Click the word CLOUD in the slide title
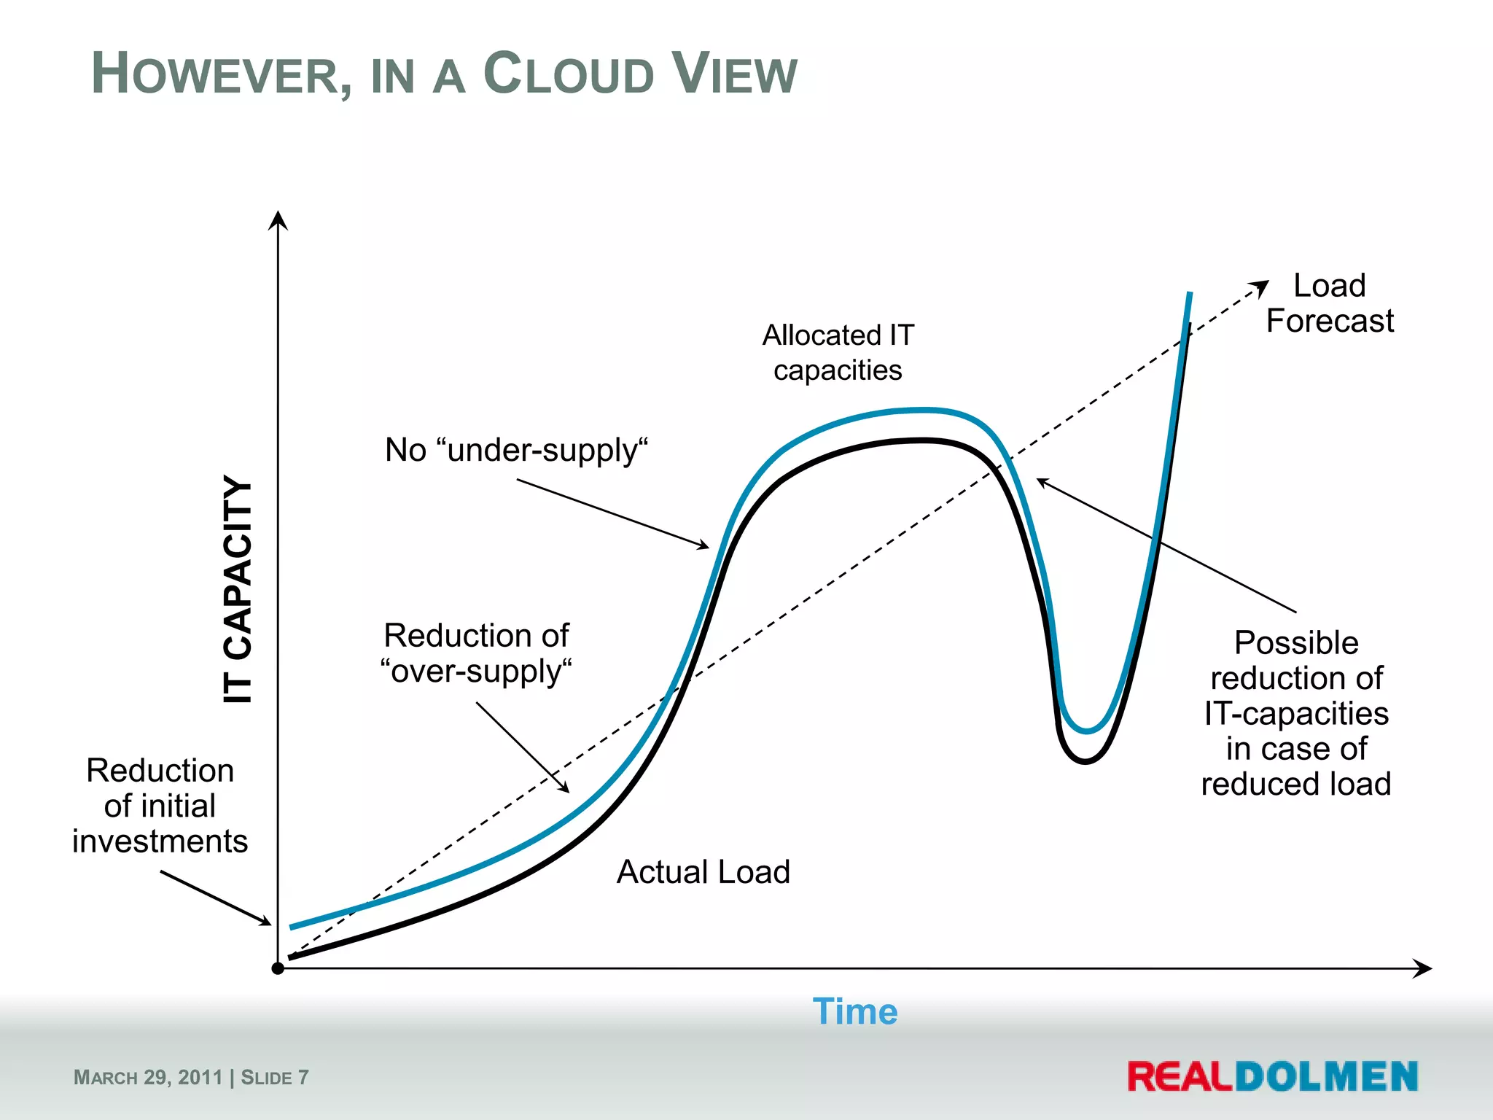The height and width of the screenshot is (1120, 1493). [569, 74]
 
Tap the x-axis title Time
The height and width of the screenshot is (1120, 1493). [854, 1012]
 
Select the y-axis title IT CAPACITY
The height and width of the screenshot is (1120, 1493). [238, 589]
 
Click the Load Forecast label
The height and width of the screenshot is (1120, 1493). [1329, 303]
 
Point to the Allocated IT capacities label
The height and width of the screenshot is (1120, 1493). [838, 353]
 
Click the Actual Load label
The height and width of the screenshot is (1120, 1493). [703, 872]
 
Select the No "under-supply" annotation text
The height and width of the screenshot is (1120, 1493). [516, 450]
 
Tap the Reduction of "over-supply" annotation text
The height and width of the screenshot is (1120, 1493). [476, 653]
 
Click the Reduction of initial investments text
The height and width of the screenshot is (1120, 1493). [160, 806]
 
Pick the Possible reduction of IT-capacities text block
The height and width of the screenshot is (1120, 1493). [1295, 713]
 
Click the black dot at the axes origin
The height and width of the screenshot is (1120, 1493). [278, 968]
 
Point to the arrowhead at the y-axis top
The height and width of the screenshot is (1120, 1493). [278, 219]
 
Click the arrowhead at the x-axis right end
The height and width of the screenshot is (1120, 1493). [1424, 968]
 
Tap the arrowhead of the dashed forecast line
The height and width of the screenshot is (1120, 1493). [1261, 287]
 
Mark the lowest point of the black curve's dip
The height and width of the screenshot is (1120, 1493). [1085, 761]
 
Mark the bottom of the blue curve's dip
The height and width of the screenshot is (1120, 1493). [1086, 731]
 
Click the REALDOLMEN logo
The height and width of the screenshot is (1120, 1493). [1272, 1076]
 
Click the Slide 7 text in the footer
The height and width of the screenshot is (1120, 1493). [275, 1078]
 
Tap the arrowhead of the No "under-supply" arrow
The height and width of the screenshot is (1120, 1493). [703, 545]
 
